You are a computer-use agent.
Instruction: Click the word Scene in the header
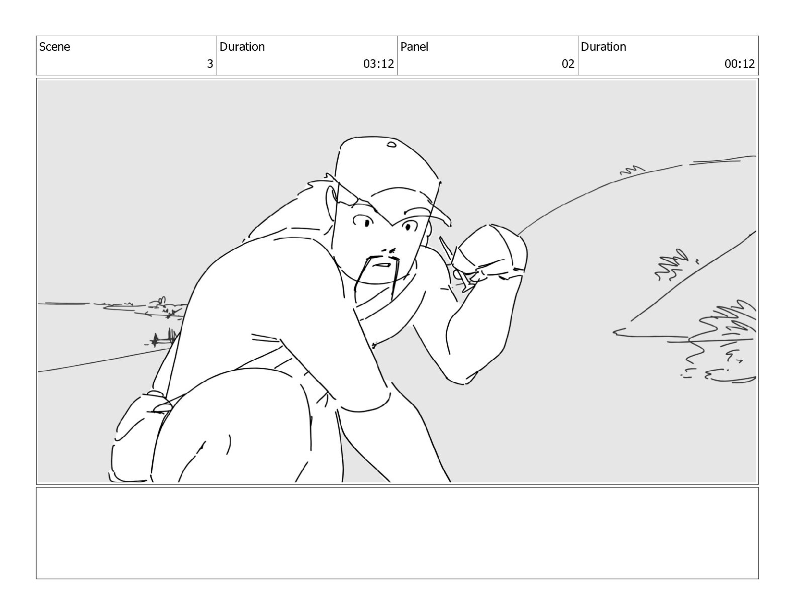click(54, 47)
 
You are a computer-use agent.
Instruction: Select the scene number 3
click(210, 64)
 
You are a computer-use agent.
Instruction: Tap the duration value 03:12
click(378, 64)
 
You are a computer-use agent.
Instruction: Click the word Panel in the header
click(414, 47)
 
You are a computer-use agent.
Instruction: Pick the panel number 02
click(568, 64)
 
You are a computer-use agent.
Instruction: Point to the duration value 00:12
click(740, 64)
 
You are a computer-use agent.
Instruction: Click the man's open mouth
click(382, 265)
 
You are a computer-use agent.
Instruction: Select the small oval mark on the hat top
click(391, 144)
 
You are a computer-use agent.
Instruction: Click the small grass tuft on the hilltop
click(632, 170)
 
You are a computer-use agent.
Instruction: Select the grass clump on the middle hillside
click(670, 265)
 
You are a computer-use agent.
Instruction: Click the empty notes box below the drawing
click(397, 533)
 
